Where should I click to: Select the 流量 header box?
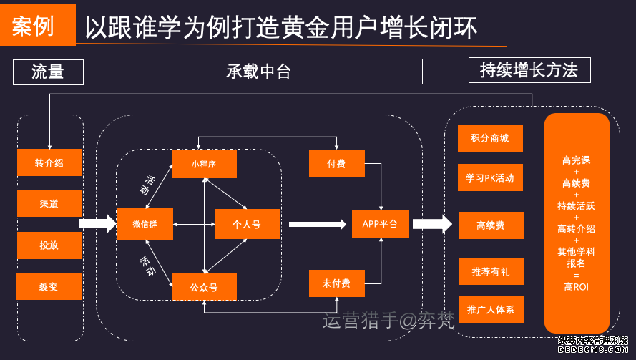point(49,72)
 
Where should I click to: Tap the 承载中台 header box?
point(259,72)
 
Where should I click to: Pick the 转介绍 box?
point(49,163)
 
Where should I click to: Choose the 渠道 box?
point(49,204)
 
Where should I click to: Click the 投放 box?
point(49,245)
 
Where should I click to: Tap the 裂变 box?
point(49,286)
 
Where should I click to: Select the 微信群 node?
point(145,225)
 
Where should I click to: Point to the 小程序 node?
point(204,164)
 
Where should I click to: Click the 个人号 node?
point(247,225)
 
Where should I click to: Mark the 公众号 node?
point(204,287)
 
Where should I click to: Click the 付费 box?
point(336,164)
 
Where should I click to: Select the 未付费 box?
point(336,283)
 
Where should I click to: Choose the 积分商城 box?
point(491,138)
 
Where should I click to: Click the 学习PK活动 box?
point(491,177)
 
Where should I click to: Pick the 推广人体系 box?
point(491,310)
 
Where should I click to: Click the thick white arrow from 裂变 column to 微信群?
point(97,225)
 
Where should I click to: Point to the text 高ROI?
point(577,287)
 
